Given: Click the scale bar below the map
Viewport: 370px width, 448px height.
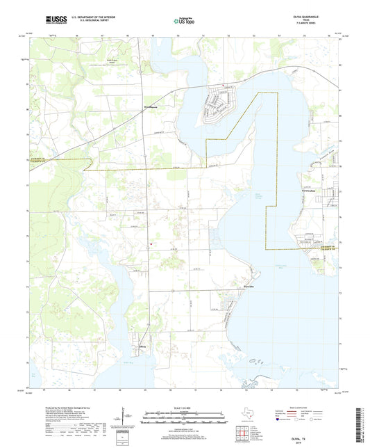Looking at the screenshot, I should [x=184, y=419].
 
